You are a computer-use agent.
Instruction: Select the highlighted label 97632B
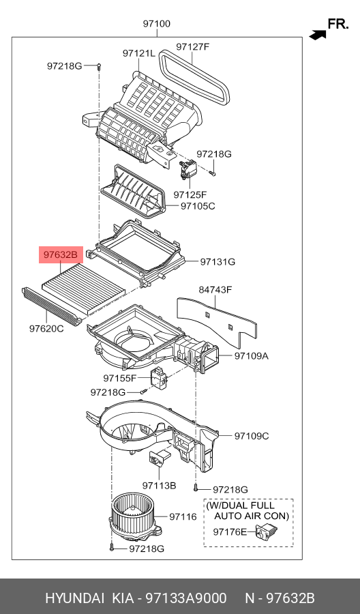click(61, 255)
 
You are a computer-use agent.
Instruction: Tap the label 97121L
click(139, 53)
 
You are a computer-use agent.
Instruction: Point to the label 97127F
click(192, 47)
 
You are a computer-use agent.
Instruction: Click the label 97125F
click(190, 194)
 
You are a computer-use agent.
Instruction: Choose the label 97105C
click(198, 205)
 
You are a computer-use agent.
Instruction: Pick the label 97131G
click(217, 261)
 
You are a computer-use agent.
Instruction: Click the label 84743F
click(215, 289)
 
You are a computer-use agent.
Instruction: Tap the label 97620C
click(46, 328)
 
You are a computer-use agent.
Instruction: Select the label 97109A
click(252, 355)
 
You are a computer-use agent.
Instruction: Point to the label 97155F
click(120, 378)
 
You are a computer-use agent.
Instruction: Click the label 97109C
click(252, 436)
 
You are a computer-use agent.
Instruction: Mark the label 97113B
click(159, 485)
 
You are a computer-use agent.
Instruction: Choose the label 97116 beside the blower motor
click(183, 516)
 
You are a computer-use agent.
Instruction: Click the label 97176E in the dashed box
click(230, 532)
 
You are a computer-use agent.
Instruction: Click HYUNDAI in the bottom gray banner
click(73, 598)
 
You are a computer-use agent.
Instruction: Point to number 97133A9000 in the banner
click(190, 598)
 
